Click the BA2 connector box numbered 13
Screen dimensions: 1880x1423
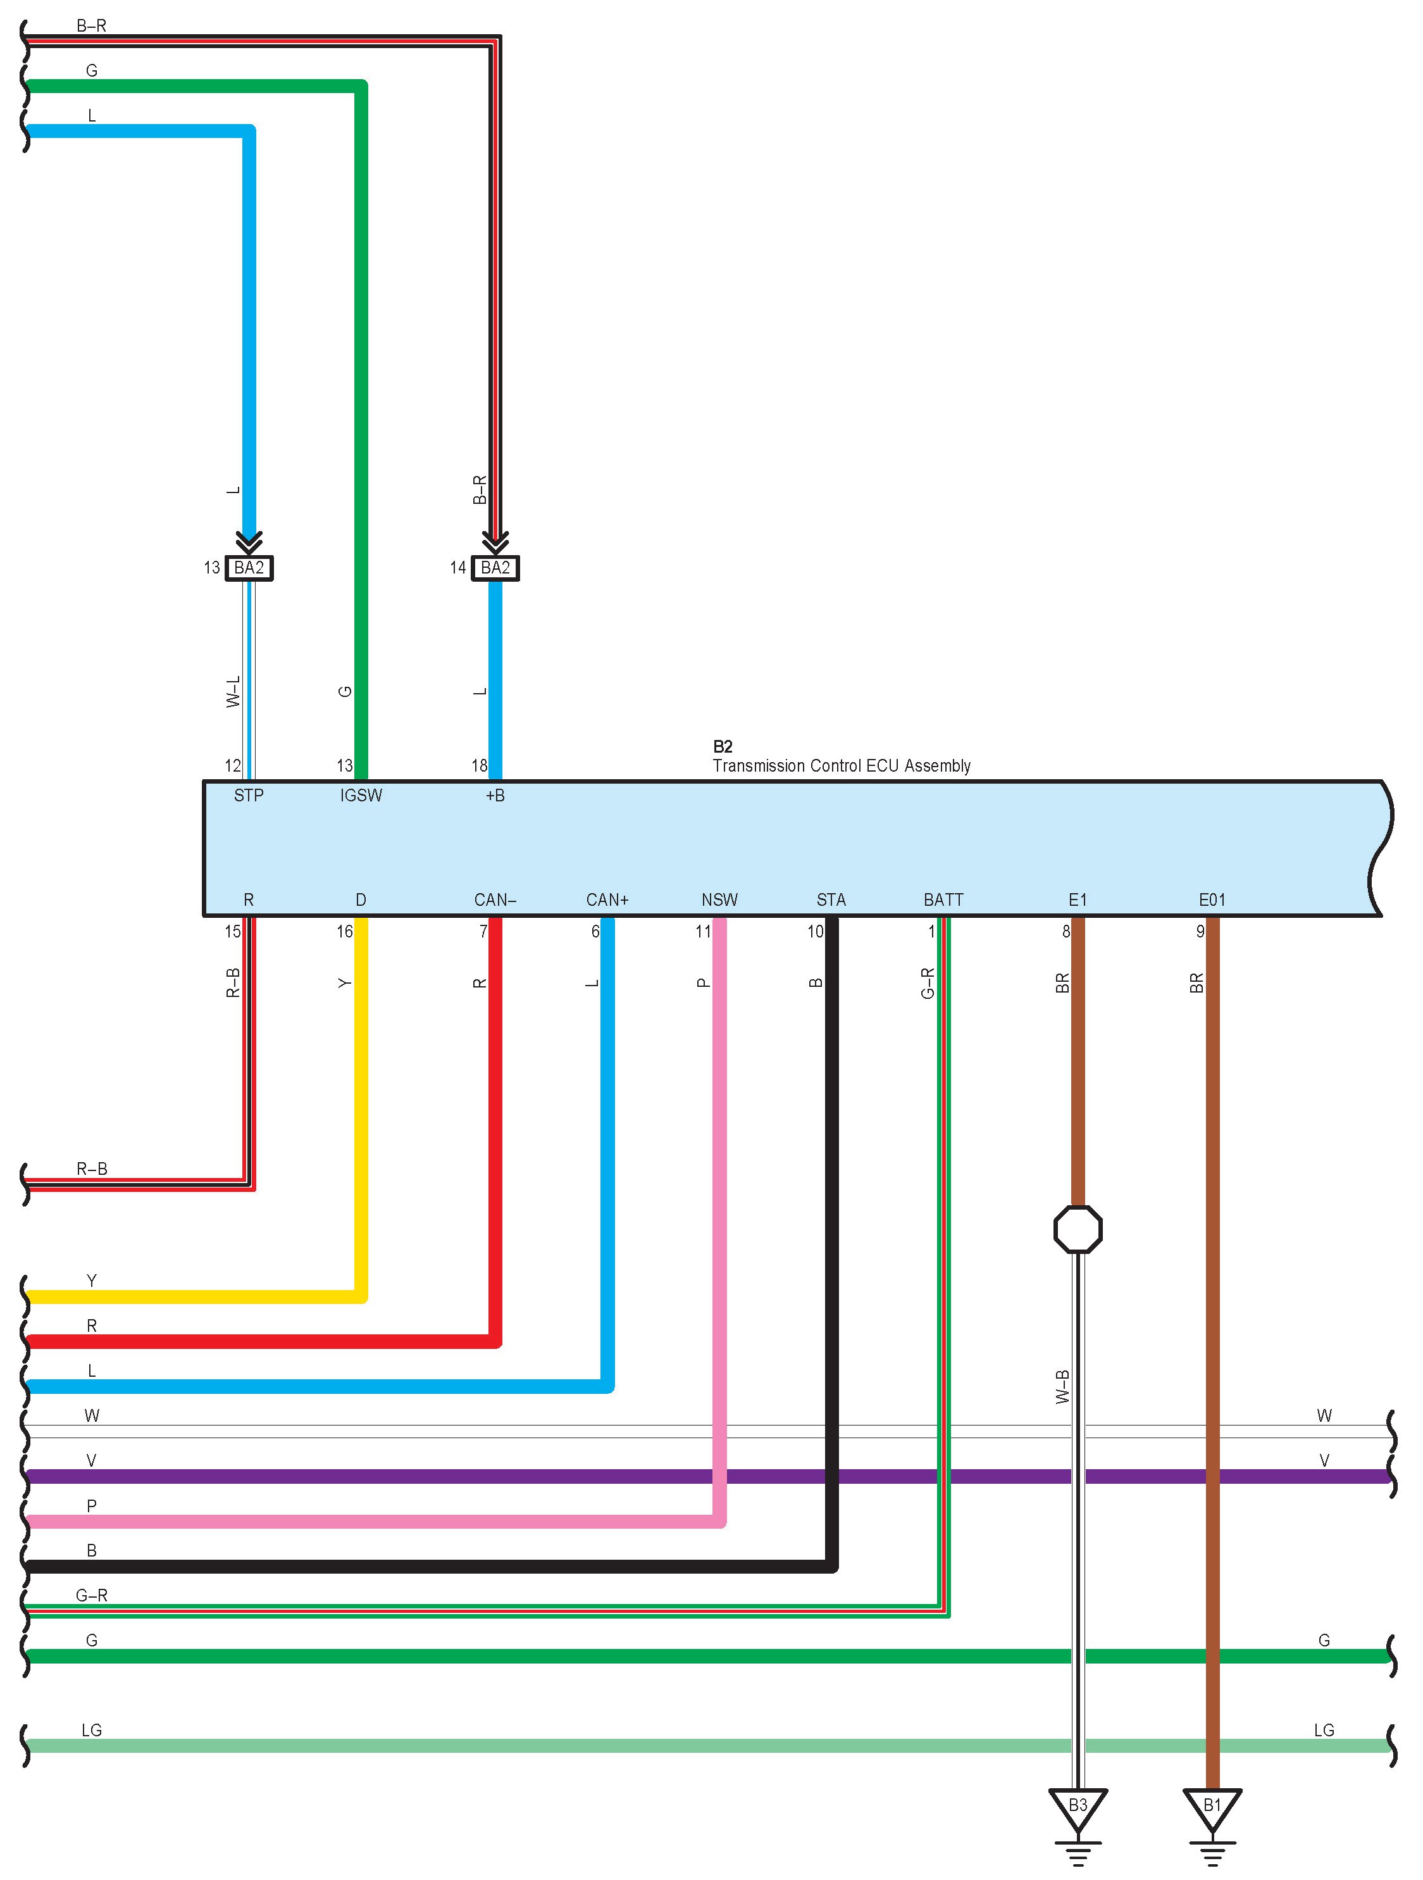pos(249,568)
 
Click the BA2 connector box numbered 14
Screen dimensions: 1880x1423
pos(495,568)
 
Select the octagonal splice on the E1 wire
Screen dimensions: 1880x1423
pos(1078,1229)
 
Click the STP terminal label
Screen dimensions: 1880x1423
pos(249,796)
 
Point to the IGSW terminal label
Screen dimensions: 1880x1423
pos(361,796)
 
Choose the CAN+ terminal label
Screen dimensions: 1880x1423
pos(607,899)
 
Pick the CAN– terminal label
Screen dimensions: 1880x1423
pos(495,899)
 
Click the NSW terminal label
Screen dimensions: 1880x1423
pos(719,899)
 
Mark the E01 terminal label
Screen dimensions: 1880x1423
pos(1212,899)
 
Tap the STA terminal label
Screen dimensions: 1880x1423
pos(831,899)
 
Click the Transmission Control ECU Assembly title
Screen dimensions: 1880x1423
pos(841,766)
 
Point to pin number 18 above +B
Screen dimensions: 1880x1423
pos(479,766)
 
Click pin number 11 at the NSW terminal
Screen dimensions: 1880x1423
pos(702,932)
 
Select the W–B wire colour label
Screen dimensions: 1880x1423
pos(1062,1386)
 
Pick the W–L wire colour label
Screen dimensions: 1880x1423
pos(233,692)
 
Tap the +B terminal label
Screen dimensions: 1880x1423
pos(495,796)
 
